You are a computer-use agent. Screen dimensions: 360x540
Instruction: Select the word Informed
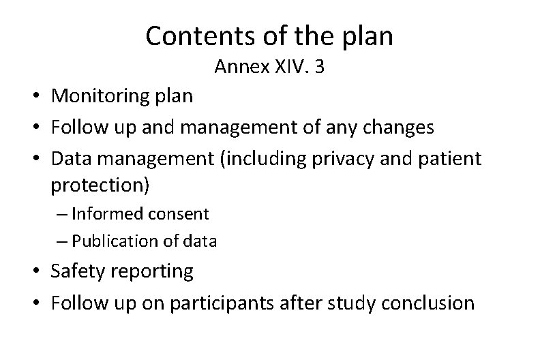[102, 213]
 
